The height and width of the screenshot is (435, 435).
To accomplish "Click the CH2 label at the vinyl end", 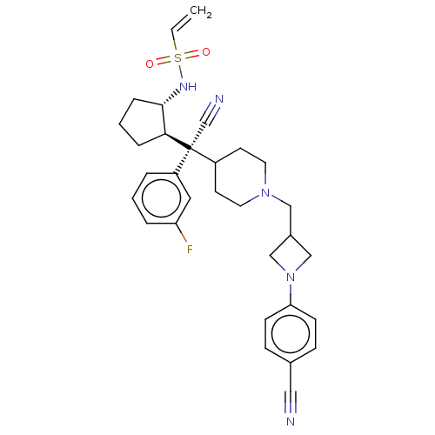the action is (201, 12).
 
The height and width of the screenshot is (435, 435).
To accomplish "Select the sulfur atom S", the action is (177, 58).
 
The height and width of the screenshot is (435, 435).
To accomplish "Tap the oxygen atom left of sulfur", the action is (150, 64).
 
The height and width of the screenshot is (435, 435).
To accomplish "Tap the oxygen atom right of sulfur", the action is (206, 52).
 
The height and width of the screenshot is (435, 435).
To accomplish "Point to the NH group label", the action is (188, 86).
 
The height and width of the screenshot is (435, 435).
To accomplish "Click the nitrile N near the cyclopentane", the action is (219, 99).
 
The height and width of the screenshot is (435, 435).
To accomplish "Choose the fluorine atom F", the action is (190, 249).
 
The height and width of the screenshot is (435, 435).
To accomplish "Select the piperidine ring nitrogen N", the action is (265, 192).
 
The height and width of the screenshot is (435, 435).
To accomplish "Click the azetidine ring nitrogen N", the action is (291, 278).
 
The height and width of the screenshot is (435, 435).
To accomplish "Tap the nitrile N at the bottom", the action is (291, 421).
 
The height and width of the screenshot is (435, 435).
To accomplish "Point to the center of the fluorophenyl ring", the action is (161, 198).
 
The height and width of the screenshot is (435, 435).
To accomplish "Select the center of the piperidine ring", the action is (240, 177).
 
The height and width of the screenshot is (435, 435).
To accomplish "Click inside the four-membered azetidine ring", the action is (291, 256).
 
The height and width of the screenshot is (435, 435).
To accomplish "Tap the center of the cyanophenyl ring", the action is (291, 333).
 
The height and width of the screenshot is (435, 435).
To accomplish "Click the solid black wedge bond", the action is (177, 142).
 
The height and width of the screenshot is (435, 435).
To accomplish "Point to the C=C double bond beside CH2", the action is (182, 23).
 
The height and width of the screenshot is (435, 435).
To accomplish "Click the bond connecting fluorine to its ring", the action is (182, 232).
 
